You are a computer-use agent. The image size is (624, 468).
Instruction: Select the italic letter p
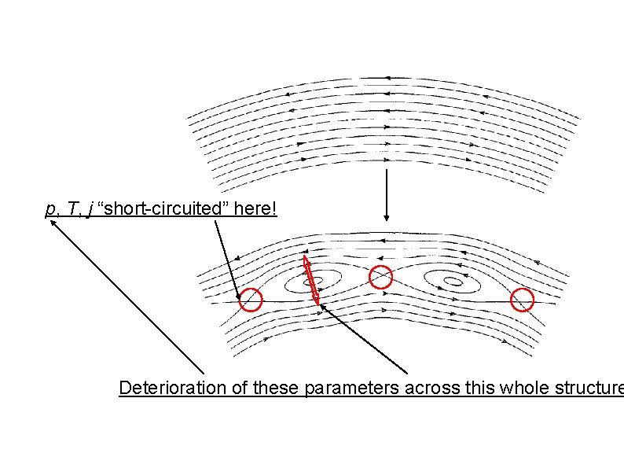[50, 210]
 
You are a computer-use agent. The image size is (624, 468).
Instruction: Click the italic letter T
[68, 209]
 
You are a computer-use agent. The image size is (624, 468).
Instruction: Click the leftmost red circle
[251, 300]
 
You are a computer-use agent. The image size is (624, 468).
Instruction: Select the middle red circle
[381, 277]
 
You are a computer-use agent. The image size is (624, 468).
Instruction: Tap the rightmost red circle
[523, 300]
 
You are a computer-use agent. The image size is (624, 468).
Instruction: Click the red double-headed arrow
[311, 278]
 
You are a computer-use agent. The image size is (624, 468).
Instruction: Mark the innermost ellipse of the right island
[453, 280]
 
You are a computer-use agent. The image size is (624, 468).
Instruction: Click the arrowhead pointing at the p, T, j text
[53, 223]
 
